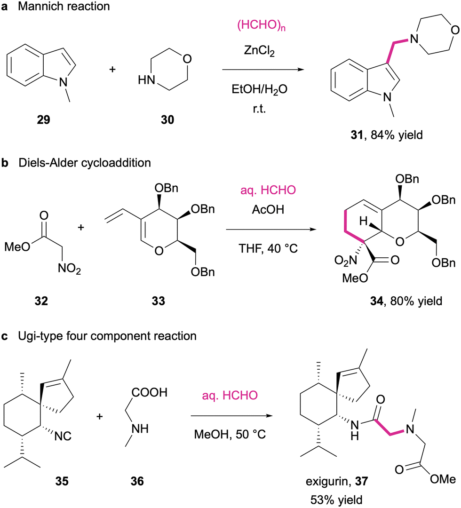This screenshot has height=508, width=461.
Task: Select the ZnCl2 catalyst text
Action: click(x=259, y=51)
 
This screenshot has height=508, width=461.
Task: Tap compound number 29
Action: click(x=43, y=119)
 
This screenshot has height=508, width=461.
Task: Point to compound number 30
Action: click(x=167, y=119)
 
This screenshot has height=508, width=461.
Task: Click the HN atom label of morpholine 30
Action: click(x=146, y=79)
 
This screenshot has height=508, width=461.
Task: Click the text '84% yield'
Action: click(x=397, y=135)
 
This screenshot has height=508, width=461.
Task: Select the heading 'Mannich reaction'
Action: click(x=64, y=7)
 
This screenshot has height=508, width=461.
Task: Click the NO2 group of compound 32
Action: click(x=69, y=269)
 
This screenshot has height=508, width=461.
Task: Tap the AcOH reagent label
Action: click(x=268, y=210)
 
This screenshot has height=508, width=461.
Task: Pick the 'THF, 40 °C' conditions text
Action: click(x=268, y=248)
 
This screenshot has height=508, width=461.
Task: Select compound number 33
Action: click(x=159, y=301)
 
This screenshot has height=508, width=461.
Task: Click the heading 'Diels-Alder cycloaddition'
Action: click(x=85, y=163)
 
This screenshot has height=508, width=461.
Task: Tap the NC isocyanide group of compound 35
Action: click(x=63, y=436)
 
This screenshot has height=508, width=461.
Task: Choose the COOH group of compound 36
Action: click(x=149, y=392)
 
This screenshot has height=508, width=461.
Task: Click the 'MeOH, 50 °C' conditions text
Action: click(x=230, y=434)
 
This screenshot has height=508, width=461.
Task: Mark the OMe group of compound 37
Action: click(x=443, y=479)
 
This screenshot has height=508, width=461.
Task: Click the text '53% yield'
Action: click(x=336, y=500)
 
